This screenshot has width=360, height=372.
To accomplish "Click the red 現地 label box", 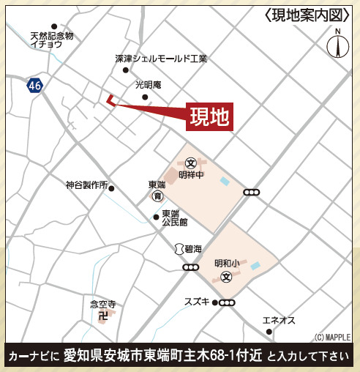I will click(209, 115).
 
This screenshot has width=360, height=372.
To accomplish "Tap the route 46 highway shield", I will click(34, 86).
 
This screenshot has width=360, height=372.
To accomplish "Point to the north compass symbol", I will click(337, 45).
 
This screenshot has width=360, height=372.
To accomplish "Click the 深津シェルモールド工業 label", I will click(161, 58).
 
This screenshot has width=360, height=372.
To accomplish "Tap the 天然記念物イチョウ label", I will click(52, 40).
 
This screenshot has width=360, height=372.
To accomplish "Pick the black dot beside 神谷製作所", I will click(112, 187).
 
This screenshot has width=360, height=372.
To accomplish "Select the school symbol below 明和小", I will click(226, 278).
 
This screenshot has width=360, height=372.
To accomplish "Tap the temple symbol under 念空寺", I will click(103, 316).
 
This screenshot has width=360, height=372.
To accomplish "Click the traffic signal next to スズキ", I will click(227, 302).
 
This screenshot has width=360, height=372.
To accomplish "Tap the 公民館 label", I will click(175, 221).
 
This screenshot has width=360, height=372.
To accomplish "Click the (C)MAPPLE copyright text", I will click(332, 337).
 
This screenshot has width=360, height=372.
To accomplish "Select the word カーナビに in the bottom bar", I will click(33, 357).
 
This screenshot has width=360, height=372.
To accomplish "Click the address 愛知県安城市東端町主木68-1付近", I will click(162, 357).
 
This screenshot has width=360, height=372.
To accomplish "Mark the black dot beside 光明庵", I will click(145, 97).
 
